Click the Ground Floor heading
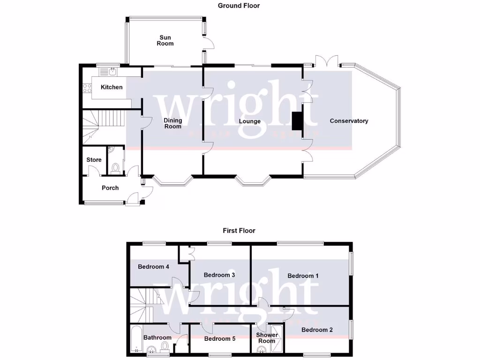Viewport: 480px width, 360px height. coord(239,6)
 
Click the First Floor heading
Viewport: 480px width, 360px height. coord(239,231)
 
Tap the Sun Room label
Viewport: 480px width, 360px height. coord(165,40)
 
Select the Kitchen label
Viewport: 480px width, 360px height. coord(112,87)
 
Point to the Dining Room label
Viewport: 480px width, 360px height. coord(172,123)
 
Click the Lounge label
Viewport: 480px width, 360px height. coord(249,121)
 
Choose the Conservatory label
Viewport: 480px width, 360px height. coord(349,121)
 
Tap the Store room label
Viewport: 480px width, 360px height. coord(94,160)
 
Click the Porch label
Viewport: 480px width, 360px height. coord(110,188)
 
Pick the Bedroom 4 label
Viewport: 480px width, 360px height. coord(153,267)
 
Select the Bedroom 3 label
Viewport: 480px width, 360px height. coord(219,275)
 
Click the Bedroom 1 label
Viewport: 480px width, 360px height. coord(303,276)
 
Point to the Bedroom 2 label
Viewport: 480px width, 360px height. coord(317,330)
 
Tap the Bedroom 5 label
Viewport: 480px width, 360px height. coord(220,338)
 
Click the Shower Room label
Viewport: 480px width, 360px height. coord(267,338)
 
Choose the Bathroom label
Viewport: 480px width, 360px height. coord(157,337)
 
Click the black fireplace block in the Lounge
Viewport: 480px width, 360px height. coord(297,121)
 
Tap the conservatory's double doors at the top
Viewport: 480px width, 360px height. coord(326,61)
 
